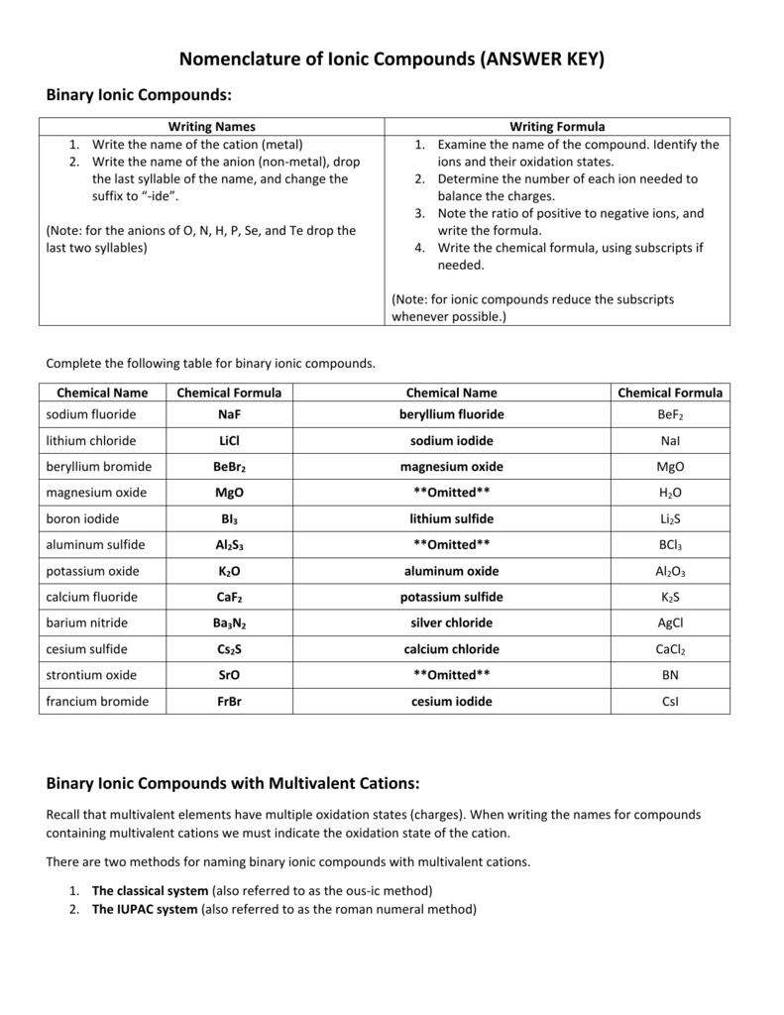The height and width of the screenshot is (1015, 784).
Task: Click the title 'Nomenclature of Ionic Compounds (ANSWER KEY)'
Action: [x=392, y=59]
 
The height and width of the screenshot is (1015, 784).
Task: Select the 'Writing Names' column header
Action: [x=211, y=126]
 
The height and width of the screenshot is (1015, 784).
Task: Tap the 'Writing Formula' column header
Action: [x=557, y=126]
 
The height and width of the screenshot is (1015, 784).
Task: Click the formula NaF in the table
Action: [x=229, y=414]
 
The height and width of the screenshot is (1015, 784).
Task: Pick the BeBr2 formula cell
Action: [x=229, y=467]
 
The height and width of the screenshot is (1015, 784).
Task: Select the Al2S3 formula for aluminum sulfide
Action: [x=229, y=545]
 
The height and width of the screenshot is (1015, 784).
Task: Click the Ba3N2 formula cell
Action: [x=229, y=623]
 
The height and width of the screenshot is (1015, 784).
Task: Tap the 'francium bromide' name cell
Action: [x=97, y=702]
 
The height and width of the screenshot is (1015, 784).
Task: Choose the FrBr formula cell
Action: [x=229, y=702]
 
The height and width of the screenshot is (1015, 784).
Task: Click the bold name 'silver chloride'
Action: [x=451, y=623]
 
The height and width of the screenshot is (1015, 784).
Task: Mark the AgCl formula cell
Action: [x=671, y=623]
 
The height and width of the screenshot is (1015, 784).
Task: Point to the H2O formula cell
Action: [x=671, y=493]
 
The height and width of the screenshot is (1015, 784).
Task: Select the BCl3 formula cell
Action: [x=671, y=545]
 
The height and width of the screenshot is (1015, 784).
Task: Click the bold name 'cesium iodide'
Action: [x=451, y=702]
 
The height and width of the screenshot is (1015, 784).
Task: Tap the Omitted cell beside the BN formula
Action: [x=451, y=675]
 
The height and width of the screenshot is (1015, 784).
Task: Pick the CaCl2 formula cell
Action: [x=671, y=649]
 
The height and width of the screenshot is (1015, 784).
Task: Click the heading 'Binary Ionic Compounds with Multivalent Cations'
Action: [x=234, y=783]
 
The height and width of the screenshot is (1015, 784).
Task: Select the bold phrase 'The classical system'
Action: [x=150, y=890]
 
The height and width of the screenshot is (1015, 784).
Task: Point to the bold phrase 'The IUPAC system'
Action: [x=145, y=909]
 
